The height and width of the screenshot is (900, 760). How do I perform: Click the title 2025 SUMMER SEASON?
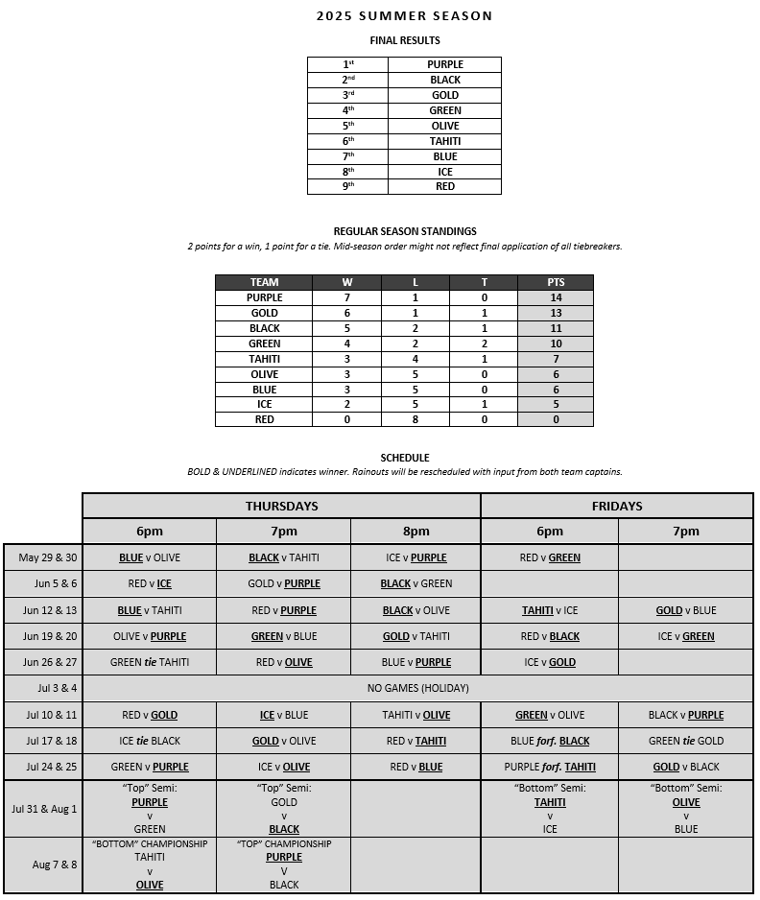coord(404,15)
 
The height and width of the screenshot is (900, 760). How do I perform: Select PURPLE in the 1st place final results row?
coord(444,64)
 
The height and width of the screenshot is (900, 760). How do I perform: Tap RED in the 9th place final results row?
coord(444,186)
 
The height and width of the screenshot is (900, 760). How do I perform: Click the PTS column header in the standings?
coord(556,282)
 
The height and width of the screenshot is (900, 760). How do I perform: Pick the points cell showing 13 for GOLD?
coord(556,313)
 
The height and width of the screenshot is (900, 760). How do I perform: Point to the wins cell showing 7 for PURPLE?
coord(346,297)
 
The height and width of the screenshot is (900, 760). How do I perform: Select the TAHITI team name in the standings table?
coord(264,359)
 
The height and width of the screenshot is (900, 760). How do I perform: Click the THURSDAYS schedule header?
coord(281,506)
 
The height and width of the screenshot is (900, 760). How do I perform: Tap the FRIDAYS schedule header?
coord(617,506)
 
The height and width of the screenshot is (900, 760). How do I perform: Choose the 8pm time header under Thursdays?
coord(416,531)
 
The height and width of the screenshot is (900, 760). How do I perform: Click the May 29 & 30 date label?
coord(42,557)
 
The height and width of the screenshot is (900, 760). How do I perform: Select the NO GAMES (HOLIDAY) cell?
coord(417,688)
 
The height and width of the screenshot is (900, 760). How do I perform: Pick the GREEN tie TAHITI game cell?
coord(149,662)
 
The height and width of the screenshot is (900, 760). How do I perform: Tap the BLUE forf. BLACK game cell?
coord(550,741)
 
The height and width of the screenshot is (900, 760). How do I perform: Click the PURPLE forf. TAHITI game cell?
coord(550,767)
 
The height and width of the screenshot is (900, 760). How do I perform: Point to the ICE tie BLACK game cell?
coord(149,741)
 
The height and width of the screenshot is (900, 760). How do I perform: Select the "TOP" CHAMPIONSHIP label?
coord(284,844)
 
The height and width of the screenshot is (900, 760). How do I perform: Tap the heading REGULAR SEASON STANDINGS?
coord(404,231)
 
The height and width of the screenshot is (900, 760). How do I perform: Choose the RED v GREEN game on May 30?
coord(550,557)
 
